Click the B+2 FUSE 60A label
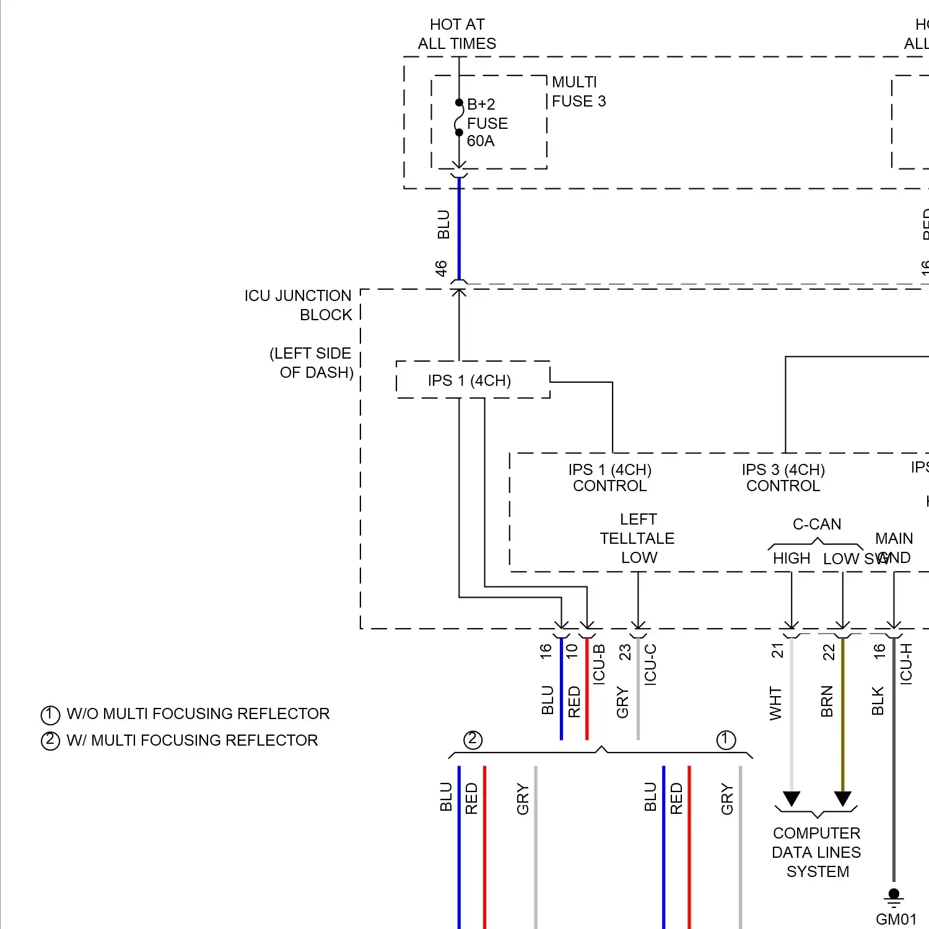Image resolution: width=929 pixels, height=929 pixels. pyautogui.click(x=487, y=123)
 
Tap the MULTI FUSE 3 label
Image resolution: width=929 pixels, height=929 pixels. pyautogui.click(x=578, y=92)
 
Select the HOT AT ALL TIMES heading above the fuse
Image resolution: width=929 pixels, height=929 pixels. pyautogui.click(x=457, y=34)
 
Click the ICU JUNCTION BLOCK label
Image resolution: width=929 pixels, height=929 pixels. pyautogui.click(x=298, y=305)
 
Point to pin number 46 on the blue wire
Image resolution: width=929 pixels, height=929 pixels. pyautogui.click(x=441, y=268)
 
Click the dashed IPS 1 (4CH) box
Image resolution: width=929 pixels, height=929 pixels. pyautogui.click(x=473, y=380)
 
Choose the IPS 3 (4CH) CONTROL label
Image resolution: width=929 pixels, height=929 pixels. pyautogui.click(x=783, y=478)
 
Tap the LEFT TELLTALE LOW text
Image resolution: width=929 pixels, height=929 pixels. pyautogui.click(x=637, y=538)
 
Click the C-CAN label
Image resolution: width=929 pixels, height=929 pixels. pyautogui.click(x=817, y=524)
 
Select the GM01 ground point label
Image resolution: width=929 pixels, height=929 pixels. pyautogui.click(x=896, y=919)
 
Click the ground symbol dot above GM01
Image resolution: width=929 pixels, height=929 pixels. pyautogui.click(x=894, y=894)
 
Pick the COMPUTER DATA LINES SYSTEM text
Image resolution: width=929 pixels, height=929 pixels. pyautogui.click(x=817, y=852)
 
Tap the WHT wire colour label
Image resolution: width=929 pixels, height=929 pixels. pyautogui.click(x=775, y=703)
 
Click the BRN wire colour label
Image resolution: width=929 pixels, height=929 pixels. pyautogui.click(x=827, y=702)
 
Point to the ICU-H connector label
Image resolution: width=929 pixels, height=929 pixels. pyautogui.click(x=906, y=663)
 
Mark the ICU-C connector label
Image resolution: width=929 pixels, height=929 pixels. pyautogui.click(x=650, y=664)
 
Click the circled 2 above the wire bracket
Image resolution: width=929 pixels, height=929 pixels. pyautogui.click(x=473, y=739)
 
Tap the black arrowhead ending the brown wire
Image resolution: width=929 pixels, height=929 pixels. pyautogui.click(x=842, y=798)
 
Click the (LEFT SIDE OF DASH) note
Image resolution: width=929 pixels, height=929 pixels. pyautogui.click(x=311, y=363)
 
